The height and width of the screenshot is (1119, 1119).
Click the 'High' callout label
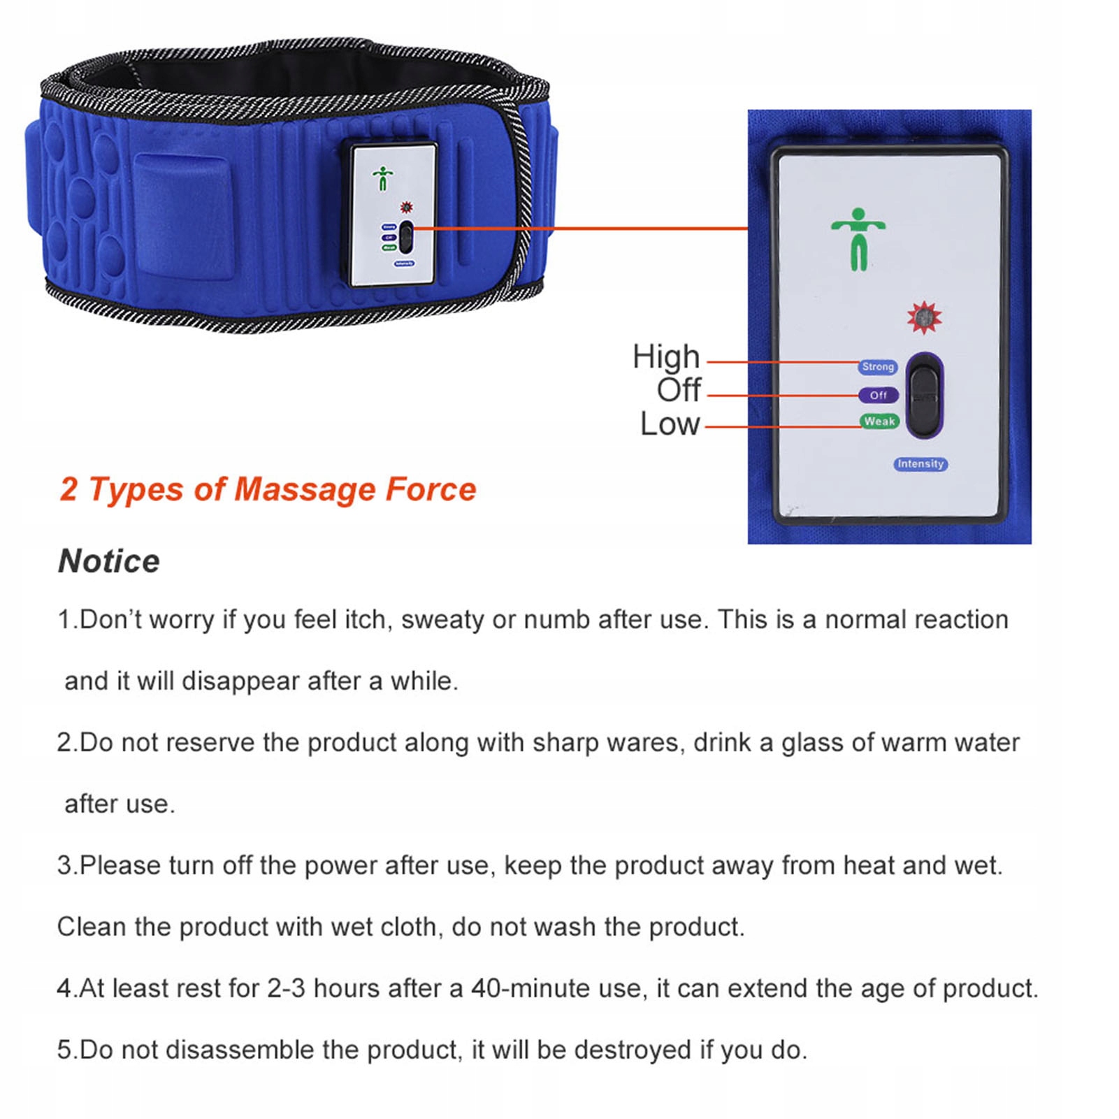pos(665,358)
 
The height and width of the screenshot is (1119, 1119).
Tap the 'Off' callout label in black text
pos(678,390)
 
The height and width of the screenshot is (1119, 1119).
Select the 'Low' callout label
pos(670,424)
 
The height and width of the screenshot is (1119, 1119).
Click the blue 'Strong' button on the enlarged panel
pos(878,366)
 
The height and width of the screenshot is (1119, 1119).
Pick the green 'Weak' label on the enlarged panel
pos(879,421)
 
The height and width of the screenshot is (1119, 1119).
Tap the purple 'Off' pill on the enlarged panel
pos(879,395)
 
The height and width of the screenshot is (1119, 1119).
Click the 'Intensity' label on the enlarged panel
pos(921,464)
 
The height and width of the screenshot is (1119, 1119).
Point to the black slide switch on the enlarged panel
pos(925,396)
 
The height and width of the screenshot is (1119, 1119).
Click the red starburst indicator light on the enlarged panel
pos(924,318)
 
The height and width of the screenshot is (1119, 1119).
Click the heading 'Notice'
pos(109,561)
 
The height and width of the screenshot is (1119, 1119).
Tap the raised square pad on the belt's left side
pos(183,217)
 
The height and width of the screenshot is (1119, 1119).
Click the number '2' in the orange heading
pos(69,489)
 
